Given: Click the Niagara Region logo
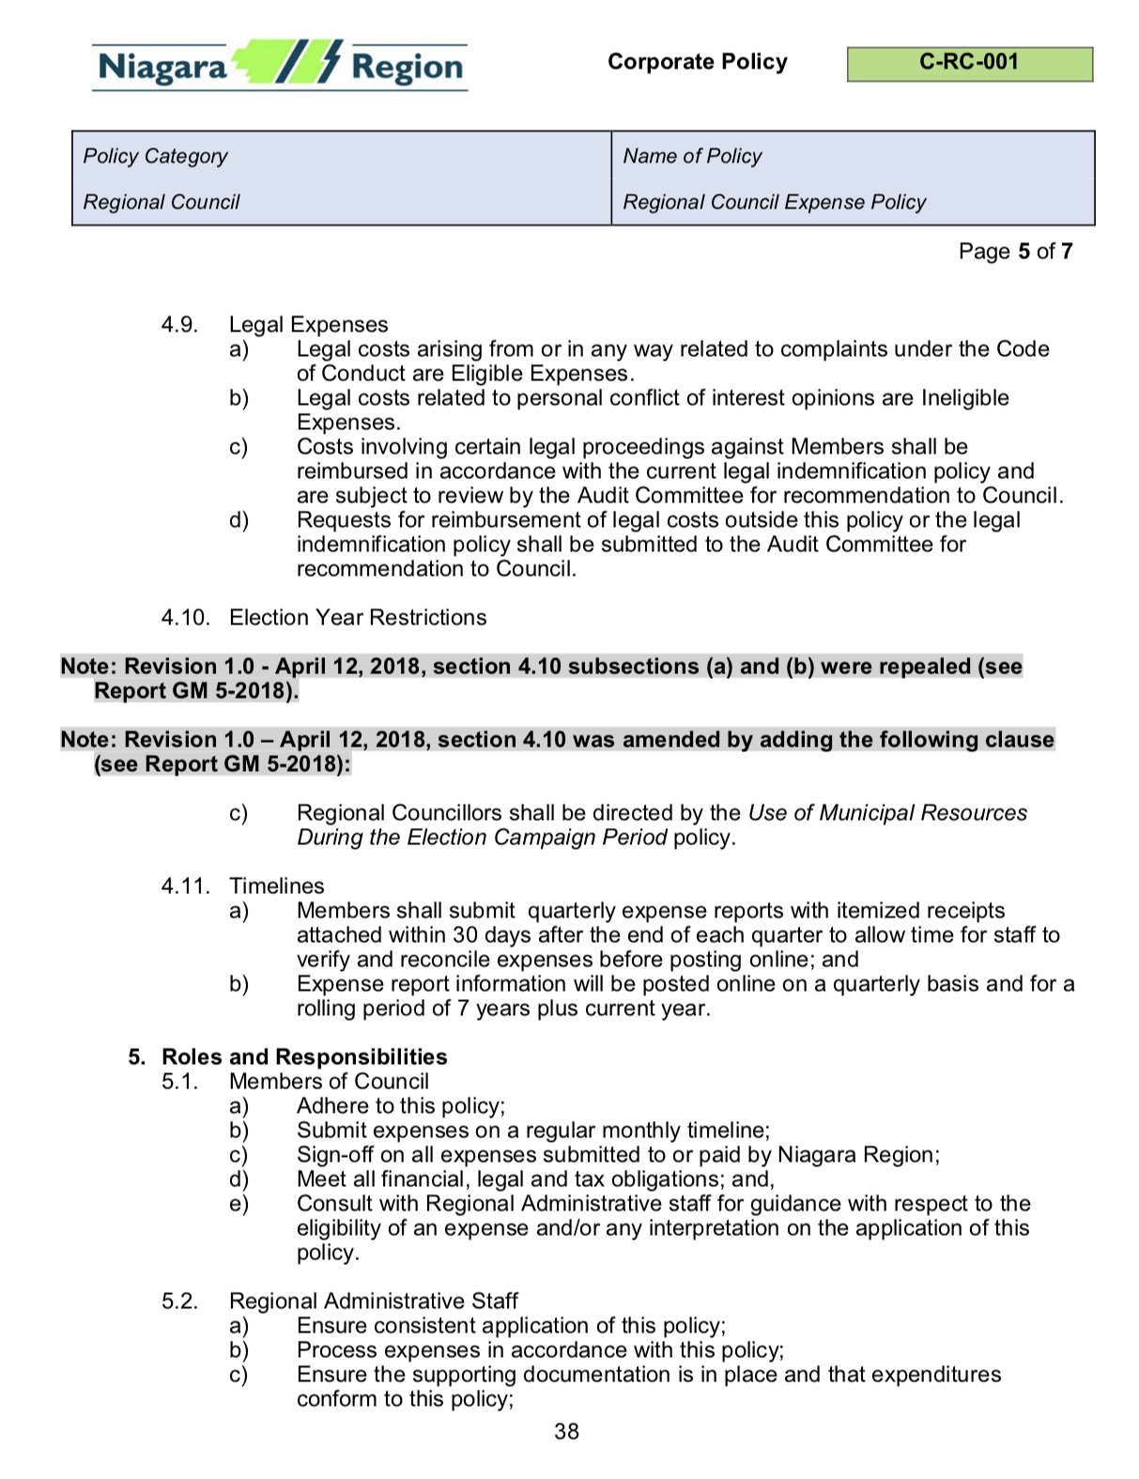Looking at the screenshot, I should (280, 66).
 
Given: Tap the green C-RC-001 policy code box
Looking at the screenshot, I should (969, 64).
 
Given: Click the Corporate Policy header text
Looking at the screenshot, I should (697, 62).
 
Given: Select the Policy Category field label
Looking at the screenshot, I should (155, 156).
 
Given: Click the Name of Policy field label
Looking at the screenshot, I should (692, 156).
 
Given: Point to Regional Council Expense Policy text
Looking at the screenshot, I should (774, 202).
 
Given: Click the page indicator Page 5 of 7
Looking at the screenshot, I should (1015, 252).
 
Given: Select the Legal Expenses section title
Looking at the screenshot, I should (308, 325).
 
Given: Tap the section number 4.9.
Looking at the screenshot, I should (179, 325).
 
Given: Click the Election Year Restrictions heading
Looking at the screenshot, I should (358, 618).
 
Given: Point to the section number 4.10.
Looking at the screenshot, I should (185, 618).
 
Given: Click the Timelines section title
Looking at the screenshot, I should (276, 886).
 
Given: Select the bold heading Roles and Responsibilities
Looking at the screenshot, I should (304, 1057).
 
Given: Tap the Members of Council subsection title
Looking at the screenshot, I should (329, 1082).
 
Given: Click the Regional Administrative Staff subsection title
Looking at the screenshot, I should (373, 1302).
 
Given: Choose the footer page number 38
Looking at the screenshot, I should (566, 1432).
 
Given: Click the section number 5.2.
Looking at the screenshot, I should (179, 1302).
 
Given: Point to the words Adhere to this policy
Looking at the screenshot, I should (400, 1106).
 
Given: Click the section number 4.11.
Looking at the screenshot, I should (185, 886).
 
